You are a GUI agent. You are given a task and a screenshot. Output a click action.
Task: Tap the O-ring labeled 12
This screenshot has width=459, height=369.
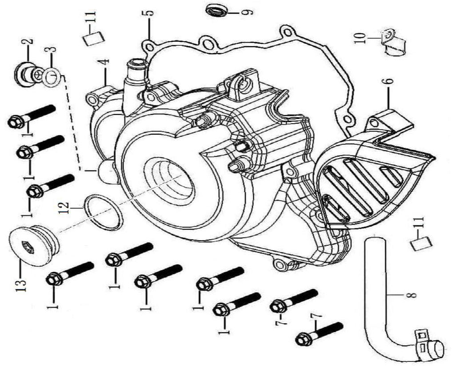[x=104, y=212]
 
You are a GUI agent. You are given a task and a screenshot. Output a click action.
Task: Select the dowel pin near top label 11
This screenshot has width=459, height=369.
[x=93, y=38]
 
